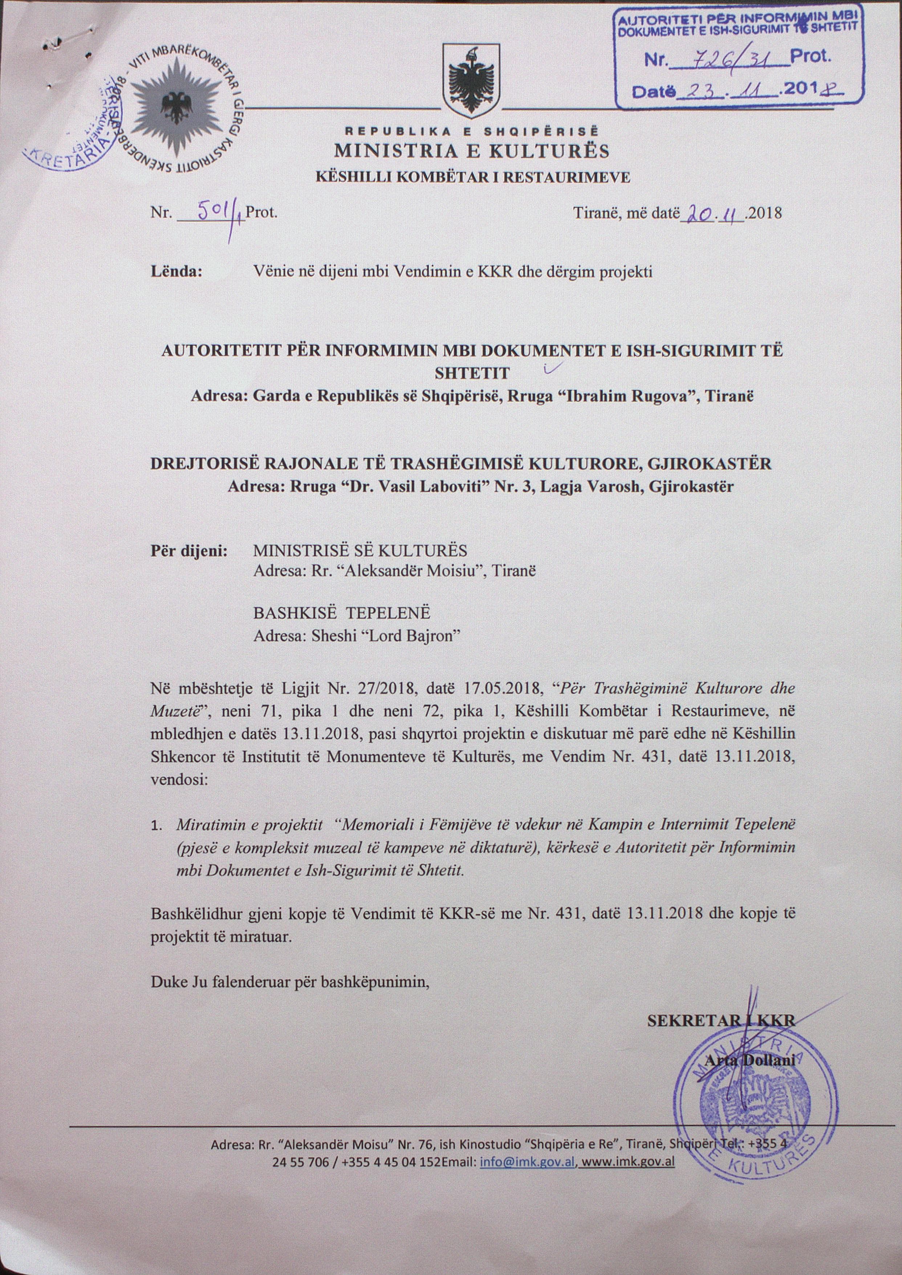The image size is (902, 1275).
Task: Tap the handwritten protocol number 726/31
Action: (730, 56)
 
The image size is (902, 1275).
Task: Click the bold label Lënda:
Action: (176, 272)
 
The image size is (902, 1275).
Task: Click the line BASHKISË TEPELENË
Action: (342, 613)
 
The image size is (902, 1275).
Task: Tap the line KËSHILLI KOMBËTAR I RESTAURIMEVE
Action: (473, 178)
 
